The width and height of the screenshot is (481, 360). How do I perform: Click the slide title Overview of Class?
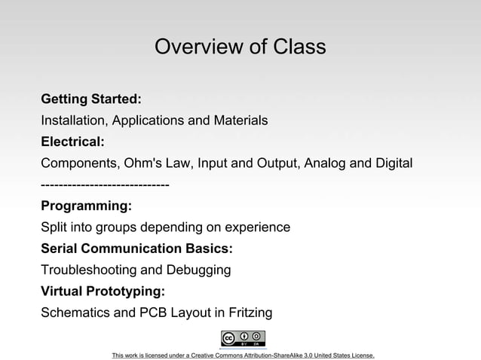click(240, 47)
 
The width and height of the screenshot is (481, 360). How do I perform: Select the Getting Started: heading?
click(91, 99)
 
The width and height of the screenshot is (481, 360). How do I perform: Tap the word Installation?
click(73, 121)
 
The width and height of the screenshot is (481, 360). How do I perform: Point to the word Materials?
click(239, 121)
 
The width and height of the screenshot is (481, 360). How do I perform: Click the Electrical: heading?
click(72, 142)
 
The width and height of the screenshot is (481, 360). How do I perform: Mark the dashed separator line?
click(105, 185)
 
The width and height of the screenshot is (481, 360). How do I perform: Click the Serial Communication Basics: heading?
click(136, 248)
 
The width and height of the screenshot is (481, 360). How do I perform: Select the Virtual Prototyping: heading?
click(103, 290)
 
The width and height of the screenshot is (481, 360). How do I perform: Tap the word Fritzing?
click(248, 312)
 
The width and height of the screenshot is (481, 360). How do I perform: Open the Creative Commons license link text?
click(243, 355)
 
